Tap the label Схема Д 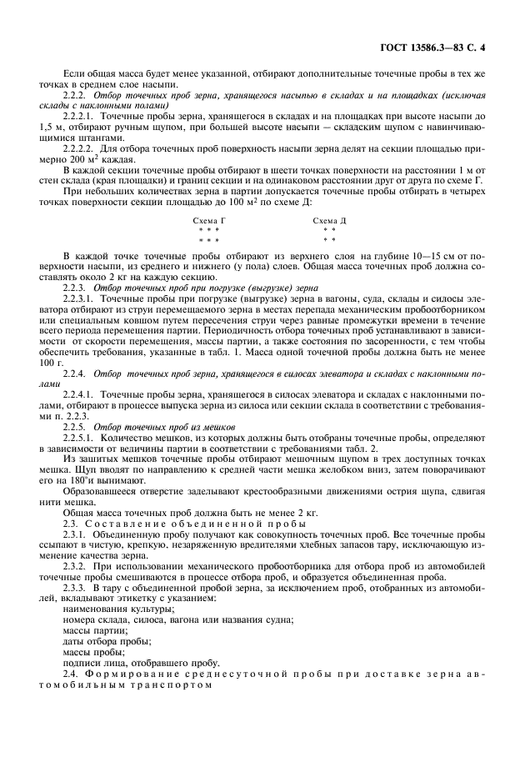(329, 220)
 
